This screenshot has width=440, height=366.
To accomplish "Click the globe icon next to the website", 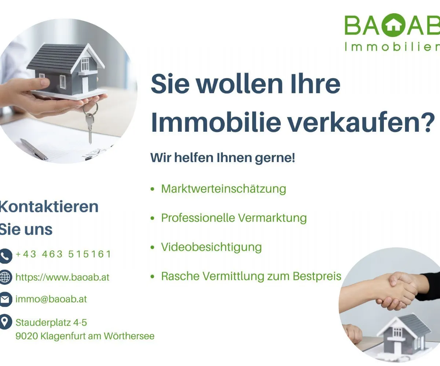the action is pos(5,277).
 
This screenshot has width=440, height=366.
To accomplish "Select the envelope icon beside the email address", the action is pos(5,299).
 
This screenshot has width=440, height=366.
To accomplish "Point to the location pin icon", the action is pos(5,322).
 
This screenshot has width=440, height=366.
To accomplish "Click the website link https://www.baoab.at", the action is pos(62,277).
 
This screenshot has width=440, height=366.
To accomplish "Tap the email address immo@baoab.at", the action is pos(51,299).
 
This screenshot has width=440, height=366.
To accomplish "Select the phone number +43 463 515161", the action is pos(63,254).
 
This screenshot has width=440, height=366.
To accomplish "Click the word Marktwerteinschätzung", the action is pos(224,189).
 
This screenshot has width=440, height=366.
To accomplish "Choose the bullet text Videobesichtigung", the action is pos(211,247).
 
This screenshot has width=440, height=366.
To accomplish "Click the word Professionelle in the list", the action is pos(198,218).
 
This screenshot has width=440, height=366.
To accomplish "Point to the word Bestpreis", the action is pos(317,276).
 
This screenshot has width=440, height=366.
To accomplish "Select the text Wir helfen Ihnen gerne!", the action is pos(223,158).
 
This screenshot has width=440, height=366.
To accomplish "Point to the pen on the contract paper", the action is pos(34,150).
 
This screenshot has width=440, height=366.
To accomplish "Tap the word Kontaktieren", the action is pos(49,207).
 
